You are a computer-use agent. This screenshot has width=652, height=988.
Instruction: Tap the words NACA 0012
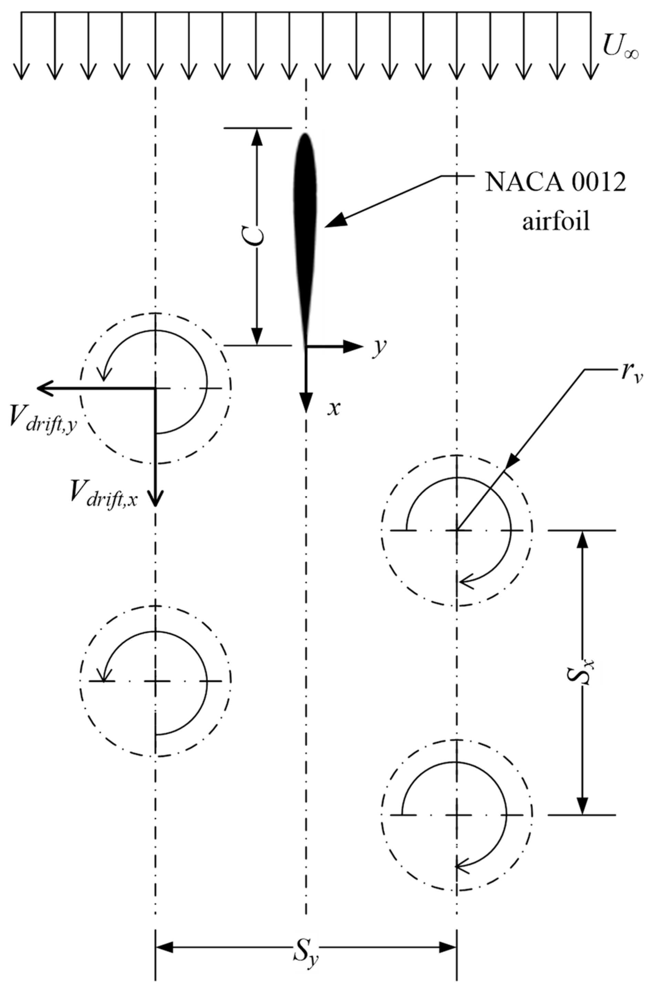555,183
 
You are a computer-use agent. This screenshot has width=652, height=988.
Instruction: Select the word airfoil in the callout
556,222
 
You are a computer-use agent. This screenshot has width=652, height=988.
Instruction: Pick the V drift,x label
104,492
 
